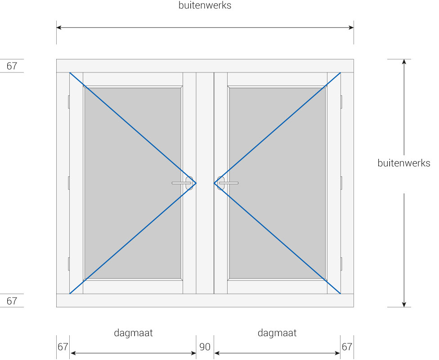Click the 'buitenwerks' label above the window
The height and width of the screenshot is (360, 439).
[x=205, y=5]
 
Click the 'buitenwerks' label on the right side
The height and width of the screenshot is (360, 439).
[x=404, y=163]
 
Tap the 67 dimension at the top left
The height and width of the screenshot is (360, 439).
[x=12, y=66]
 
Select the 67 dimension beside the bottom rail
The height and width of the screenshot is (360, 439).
[x=12, y=301]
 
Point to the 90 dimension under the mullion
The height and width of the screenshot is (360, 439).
[x=205, y=347]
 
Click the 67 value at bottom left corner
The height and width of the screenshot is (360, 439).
[x=63, y=347]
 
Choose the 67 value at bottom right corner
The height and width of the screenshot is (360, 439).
[x=347, y=347]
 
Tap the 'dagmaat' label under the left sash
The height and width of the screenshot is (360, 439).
[x=133, y=333]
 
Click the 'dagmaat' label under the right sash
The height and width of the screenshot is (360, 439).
[x=277, y=333]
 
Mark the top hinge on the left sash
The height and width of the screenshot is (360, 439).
[x=68, y=102]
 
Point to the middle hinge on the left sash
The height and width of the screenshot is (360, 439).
[x=68, y=183]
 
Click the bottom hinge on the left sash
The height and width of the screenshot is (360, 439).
[x=68, y=264]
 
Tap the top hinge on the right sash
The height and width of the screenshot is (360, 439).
[x=341, y=102]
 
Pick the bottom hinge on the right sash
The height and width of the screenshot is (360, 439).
[x=341, y=264]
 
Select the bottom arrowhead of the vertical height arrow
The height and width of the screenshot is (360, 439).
[x=404, y=304]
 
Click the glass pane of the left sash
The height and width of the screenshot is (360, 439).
[x=133, y=183]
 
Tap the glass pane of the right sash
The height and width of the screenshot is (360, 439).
[x=277, y=183]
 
